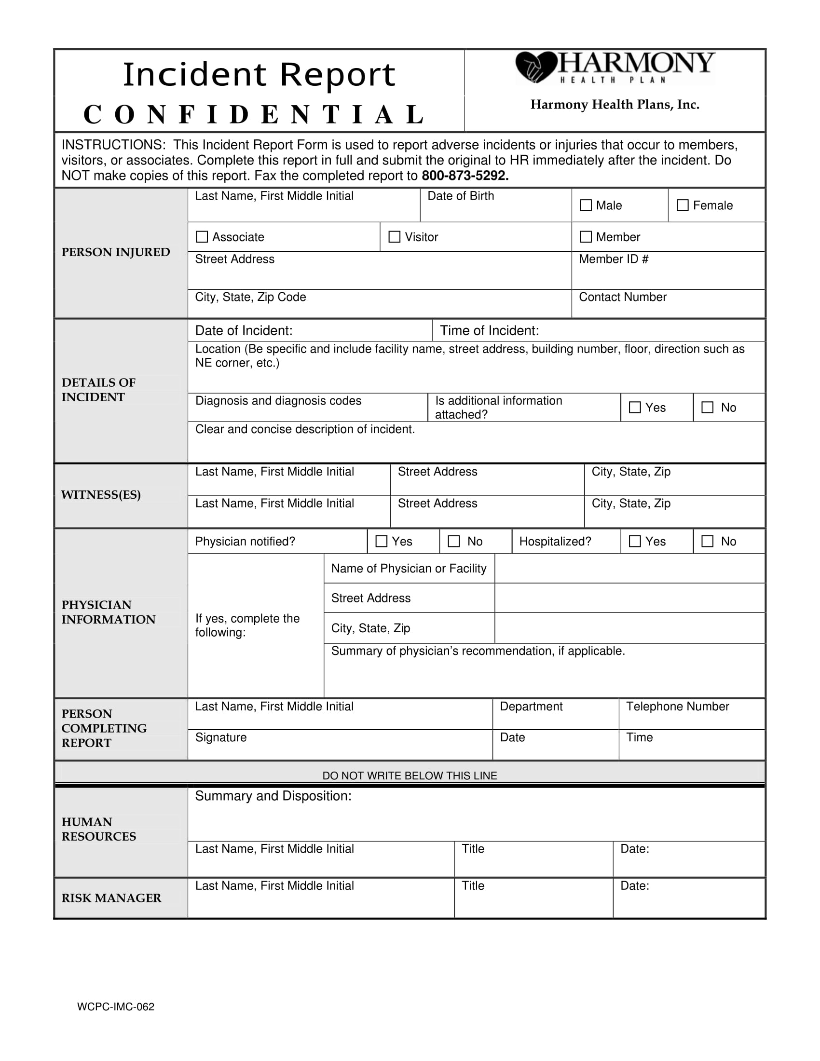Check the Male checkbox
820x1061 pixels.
click(586, 205)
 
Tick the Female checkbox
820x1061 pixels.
click(683, 205)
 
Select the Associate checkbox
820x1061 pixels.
click(202, 237)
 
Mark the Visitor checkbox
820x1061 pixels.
click(395, 237)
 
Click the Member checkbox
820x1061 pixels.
click(586, 237)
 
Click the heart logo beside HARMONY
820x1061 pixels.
click(535, 67)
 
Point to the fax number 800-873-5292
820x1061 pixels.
click(465, 176)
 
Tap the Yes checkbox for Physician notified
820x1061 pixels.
click(382, 541)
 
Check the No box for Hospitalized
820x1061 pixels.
click(708, 541)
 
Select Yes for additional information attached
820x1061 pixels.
click(634, 407)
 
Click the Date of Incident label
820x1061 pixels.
click(244, 331)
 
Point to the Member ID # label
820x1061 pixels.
click(614, 259)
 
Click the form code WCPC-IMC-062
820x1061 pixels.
click(116, 1007)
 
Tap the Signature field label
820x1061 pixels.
click(221, 737)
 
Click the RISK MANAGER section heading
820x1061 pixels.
click(111, 898)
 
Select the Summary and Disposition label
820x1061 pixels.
click(273, 796)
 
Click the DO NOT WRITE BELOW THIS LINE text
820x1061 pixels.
click(410, 776)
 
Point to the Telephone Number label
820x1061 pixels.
click(678, 707)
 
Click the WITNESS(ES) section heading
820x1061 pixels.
click(101, 494)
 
